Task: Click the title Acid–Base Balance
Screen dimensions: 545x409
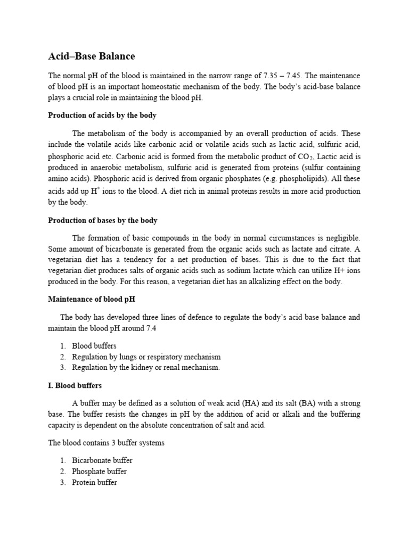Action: (91, 56)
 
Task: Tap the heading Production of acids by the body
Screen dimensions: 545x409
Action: (102, 115)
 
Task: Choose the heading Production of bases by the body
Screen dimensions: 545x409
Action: (102, 220)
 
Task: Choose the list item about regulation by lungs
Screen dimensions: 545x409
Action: (146, 357)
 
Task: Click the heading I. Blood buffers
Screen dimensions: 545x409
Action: (75, 385)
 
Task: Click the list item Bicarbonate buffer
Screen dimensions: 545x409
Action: (102, 460)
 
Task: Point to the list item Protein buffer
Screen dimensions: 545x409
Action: (94, 483)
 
